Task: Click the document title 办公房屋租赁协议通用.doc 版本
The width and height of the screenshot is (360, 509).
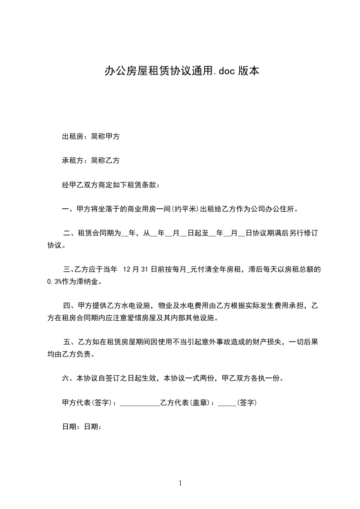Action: pyautogui.click(x=182, y=71)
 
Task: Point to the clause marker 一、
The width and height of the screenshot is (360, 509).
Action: pyautogui.click(x=68, y=209)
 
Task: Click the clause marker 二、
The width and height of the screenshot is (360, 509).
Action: pyautogui.click(x=70, y=234)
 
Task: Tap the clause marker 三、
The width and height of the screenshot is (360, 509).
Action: pyautogui.click(x=68, y=269)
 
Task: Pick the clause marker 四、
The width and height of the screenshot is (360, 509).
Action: pyautogui.click(x=70, y=305)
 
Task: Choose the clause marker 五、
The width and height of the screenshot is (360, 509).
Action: pyautogui.click(x=70, y=341)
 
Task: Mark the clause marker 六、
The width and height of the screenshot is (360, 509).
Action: pyautogui.click(x=68, y=378)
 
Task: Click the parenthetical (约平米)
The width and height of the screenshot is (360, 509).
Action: pyautogui.click(x=182, y=209)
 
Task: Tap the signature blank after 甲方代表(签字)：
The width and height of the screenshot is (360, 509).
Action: pyautogui.click(x=140, y=403)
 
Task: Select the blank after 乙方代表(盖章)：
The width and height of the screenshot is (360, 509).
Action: pyautogui.click(x=227, y=403)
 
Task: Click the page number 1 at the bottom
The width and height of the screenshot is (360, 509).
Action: pyautogui.click(x=180, y=483)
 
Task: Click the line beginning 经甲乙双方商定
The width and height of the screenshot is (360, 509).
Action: pyautogui.click(x=112, y=185)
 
